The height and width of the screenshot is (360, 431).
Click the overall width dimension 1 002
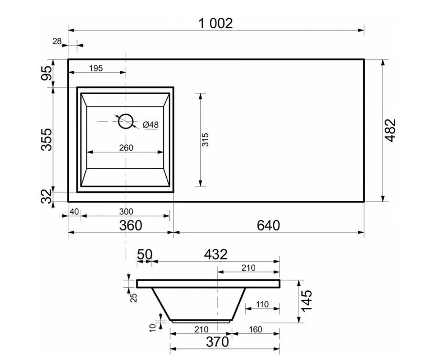(215, 23)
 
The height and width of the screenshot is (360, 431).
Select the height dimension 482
(390, 131)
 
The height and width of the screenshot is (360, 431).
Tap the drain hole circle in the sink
(126, 121)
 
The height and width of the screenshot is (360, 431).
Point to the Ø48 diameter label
(151, 125)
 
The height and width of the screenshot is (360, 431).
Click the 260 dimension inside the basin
(126, 148)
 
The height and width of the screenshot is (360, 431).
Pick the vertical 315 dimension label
(205, 140)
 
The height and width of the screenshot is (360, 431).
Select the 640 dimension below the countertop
(268, 226)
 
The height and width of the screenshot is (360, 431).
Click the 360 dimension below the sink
(130, 226)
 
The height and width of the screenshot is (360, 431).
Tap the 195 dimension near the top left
(96, 68)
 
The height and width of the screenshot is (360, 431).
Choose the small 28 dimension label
(57, 41)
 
